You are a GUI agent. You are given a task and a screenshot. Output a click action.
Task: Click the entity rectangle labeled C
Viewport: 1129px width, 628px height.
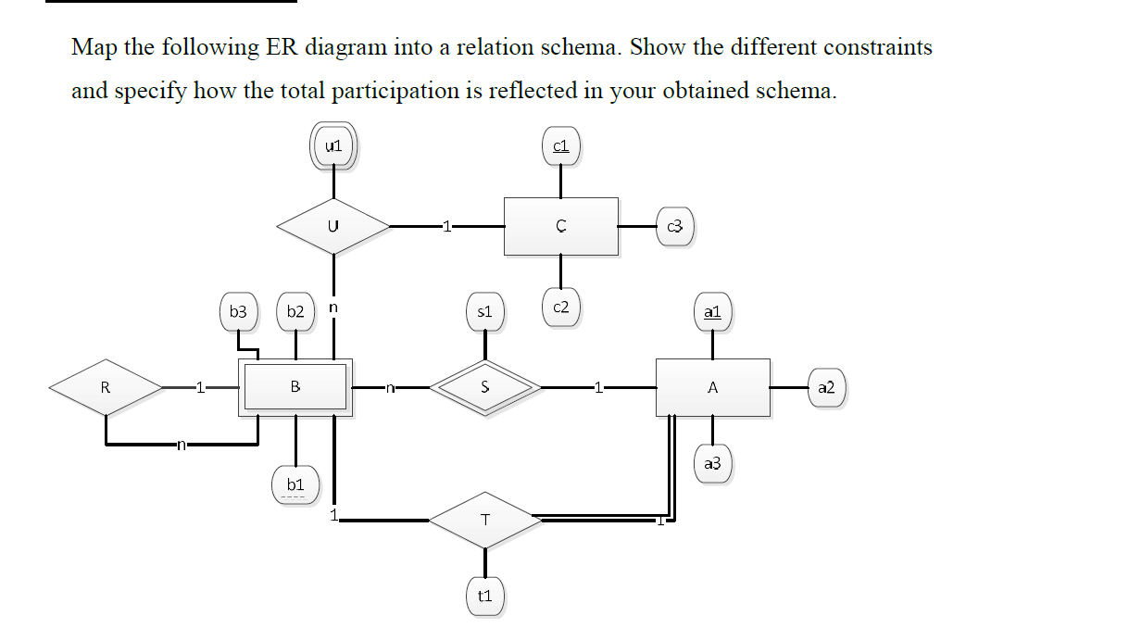(x=561, y=226)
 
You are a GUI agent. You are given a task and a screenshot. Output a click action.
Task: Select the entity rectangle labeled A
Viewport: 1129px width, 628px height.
(x=712, y=387)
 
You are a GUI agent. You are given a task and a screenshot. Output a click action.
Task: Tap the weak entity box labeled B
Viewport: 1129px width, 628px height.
(x=295, y=387)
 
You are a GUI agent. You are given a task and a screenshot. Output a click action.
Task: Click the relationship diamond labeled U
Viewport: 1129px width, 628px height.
(x=333, y=225)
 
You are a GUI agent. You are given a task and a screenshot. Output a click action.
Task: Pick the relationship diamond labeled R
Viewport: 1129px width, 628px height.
(x=106, y=387)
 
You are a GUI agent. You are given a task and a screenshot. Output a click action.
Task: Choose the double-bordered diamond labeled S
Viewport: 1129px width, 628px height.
(x=484, y=387)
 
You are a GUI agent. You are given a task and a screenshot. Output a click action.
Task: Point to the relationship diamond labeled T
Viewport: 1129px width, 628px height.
(x=484, y=521)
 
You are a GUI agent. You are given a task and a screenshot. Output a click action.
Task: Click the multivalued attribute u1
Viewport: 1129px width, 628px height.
(x=334, y=146)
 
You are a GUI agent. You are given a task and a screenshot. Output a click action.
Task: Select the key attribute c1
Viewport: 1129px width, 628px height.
(x=561, y=146)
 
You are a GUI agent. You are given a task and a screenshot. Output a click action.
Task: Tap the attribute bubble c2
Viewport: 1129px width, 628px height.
(x=561, y=308)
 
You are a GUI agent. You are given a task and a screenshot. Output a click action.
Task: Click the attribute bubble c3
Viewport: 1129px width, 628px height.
(x=675, y=226)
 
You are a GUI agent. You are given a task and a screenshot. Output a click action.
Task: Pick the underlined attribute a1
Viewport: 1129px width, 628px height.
(x=712, y=312)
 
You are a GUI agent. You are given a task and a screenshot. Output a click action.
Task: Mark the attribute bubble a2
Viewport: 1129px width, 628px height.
(x=826, y=387)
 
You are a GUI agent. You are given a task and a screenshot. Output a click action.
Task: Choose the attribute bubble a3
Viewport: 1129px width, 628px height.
(x=712, y=463)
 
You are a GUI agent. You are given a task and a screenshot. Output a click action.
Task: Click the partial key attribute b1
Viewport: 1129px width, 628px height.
(x=295, y=484)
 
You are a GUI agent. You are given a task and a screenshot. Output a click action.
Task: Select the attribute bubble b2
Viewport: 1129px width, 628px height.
(x=295, y=312)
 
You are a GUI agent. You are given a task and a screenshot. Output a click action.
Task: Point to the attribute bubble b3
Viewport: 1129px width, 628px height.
(x=239, y=312)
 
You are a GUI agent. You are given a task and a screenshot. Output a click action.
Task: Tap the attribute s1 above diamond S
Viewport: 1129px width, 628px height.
(x=484, y=312)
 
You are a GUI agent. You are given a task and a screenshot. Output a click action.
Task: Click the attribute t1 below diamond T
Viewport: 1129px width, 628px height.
(x=484, y=597)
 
